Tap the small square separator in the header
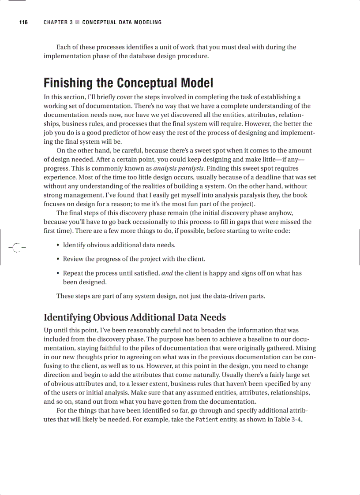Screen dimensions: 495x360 [77, 22]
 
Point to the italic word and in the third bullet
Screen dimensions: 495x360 [167, 273]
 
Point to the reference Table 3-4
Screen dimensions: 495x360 [287, 419]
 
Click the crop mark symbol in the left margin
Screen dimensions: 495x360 [16, 248]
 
